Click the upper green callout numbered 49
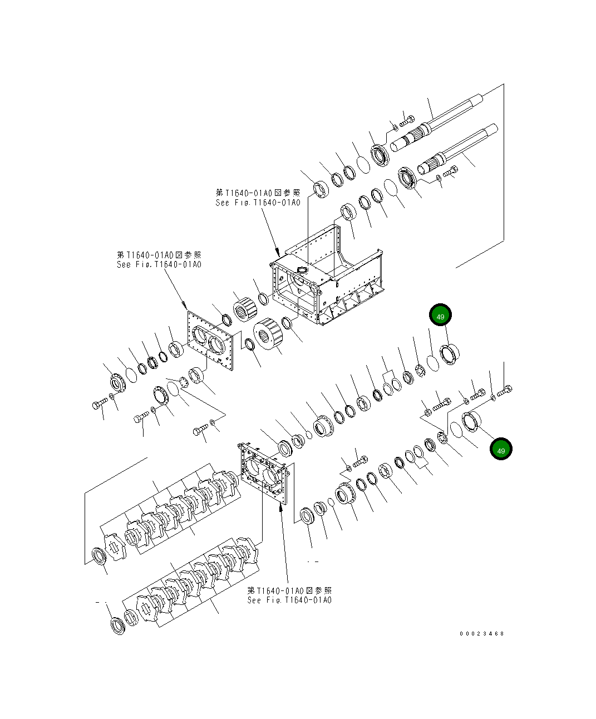pos(440,316)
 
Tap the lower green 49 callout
pos(501,450)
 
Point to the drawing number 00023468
pos(481,633)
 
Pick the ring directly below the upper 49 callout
pos(449,354)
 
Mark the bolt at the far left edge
pos(99,405)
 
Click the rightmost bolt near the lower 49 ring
pos(504,391)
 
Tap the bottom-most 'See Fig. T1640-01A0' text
pos(289,600)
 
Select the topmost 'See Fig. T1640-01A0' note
pos(258,203)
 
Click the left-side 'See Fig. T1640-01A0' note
pos(159,264)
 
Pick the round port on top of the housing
pos(302,269)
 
